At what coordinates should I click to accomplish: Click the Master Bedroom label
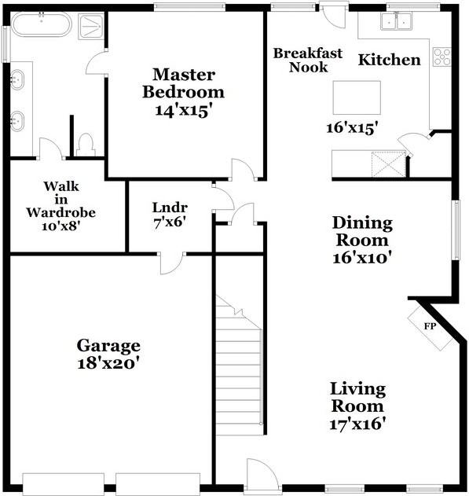[184, 83]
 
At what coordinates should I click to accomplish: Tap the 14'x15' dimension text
[184, 110]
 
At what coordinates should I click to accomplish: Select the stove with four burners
[442, 57]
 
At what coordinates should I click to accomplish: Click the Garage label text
[108, 345]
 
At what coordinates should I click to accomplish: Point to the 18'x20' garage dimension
[108, 364]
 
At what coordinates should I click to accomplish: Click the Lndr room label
[169, 208]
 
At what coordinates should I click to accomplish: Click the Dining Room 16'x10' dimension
[362, 255]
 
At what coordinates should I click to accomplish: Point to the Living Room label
[357, 397]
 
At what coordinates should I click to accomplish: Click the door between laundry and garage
[172, 262]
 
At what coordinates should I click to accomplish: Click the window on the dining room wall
[456, 229]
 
